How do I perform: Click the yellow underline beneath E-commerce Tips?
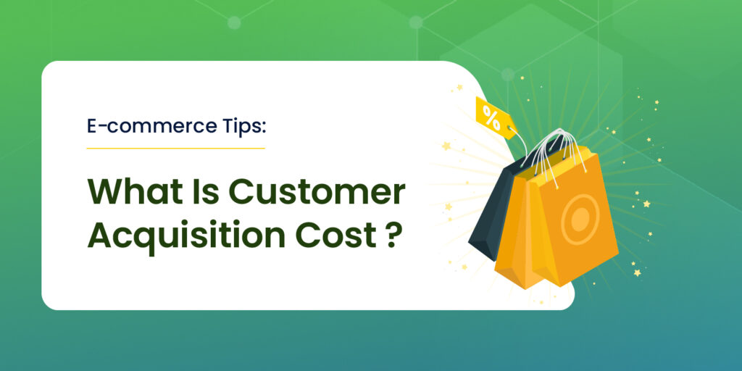tap(175, 148)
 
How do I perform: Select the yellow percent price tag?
tap(495, 118)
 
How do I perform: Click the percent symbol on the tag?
tap(491, 117)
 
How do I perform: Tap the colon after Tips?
tap(264, 129)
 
